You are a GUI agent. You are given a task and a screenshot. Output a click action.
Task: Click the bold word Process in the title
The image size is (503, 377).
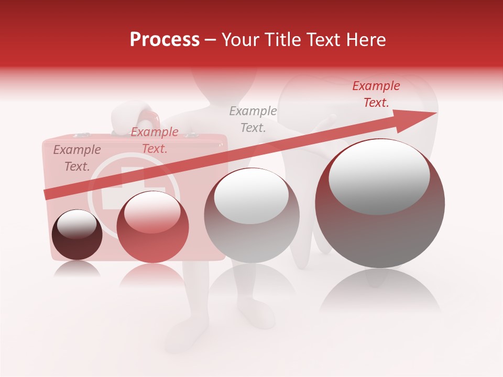click(165, 40)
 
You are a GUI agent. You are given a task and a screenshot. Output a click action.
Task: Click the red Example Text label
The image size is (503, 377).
click(376, 94)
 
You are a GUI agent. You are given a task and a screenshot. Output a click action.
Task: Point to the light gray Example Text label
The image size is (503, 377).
click(253, 119)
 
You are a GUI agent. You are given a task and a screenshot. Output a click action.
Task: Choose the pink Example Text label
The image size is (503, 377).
click(155, 140)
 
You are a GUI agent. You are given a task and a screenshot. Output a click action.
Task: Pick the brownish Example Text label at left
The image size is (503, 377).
click(77, 158)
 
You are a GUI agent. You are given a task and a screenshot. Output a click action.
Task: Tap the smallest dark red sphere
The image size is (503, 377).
click(77, 235)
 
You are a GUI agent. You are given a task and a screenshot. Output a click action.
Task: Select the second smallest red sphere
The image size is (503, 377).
click(152, 227)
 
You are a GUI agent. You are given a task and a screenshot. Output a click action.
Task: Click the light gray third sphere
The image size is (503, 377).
click(251, 215)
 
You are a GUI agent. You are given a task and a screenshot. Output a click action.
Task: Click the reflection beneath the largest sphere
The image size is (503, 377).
click(380, 293)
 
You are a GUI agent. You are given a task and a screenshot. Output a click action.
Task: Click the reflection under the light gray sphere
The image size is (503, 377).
click(251, 283)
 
